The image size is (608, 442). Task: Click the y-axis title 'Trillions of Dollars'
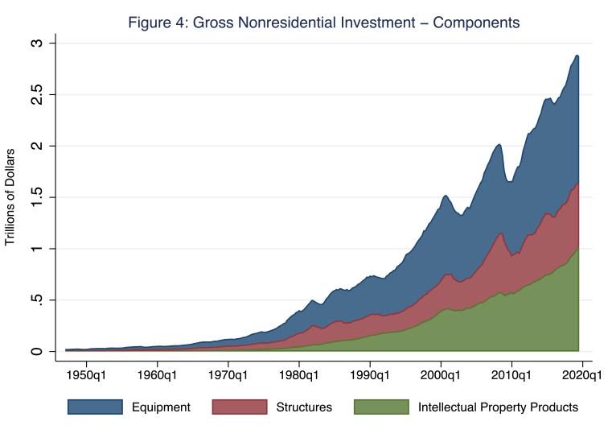click(11, 197)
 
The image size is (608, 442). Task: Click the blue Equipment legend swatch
click(94, 407)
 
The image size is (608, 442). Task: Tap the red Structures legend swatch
click(238, 407)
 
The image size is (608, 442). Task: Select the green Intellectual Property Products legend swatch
click(380, 407)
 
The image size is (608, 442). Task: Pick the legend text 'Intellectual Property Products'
click(498, 407)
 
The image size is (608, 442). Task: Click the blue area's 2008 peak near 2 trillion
click(499, 145)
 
